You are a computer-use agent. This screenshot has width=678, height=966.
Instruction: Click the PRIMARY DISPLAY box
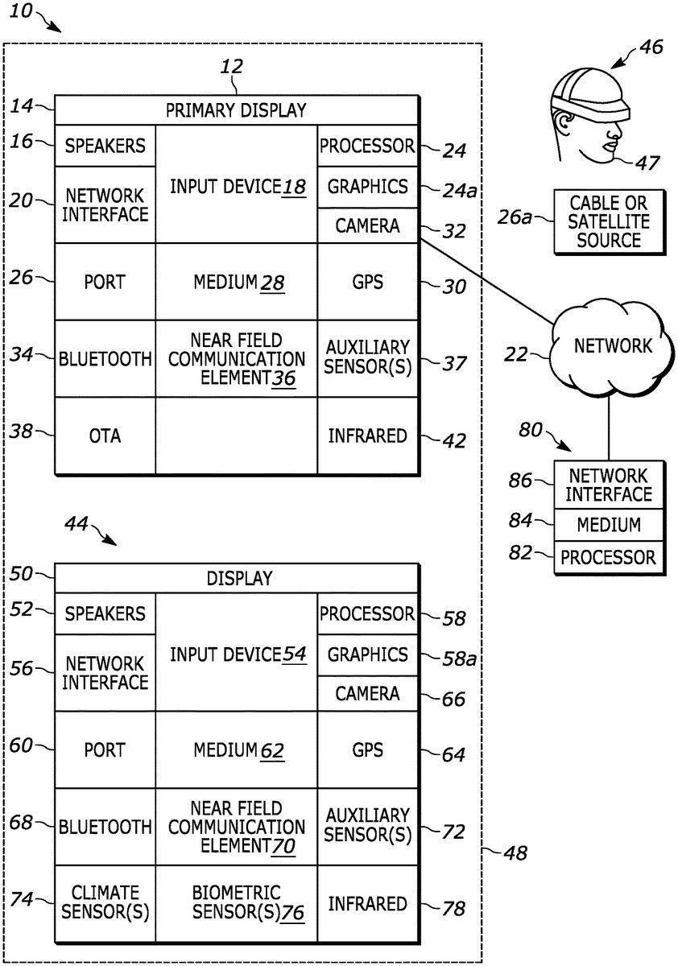coord(236,110)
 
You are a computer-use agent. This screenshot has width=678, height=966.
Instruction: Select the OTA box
coord(105,436)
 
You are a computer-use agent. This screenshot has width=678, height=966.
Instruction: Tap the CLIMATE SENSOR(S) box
coord(105,903)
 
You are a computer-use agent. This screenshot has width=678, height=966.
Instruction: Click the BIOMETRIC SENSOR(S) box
coord(236,903)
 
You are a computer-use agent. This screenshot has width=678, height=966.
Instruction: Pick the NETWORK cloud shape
coord(612,346)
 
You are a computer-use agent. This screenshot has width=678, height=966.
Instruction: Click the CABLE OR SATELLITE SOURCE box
coord(608,221)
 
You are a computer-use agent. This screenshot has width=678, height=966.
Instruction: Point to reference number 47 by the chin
coord(648,163)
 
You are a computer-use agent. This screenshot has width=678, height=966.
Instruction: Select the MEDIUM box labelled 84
coord(608,525)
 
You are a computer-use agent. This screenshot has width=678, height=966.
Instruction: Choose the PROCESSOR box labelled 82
coord(608,556)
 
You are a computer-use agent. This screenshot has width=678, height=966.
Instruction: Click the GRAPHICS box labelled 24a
coord(368,187)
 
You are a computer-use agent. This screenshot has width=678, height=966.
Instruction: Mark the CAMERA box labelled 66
coord(368,693)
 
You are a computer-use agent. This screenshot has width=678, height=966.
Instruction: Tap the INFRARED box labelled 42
coord(368,436)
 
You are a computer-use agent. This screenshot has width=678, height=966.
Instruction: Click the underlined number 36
coord(283,378)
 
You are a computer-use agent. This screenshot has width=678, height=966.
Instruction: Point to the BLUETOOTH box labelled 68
coord(105,827)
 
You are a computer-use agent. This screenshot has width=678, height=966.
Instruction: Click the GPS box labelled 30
coord(368,283)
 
